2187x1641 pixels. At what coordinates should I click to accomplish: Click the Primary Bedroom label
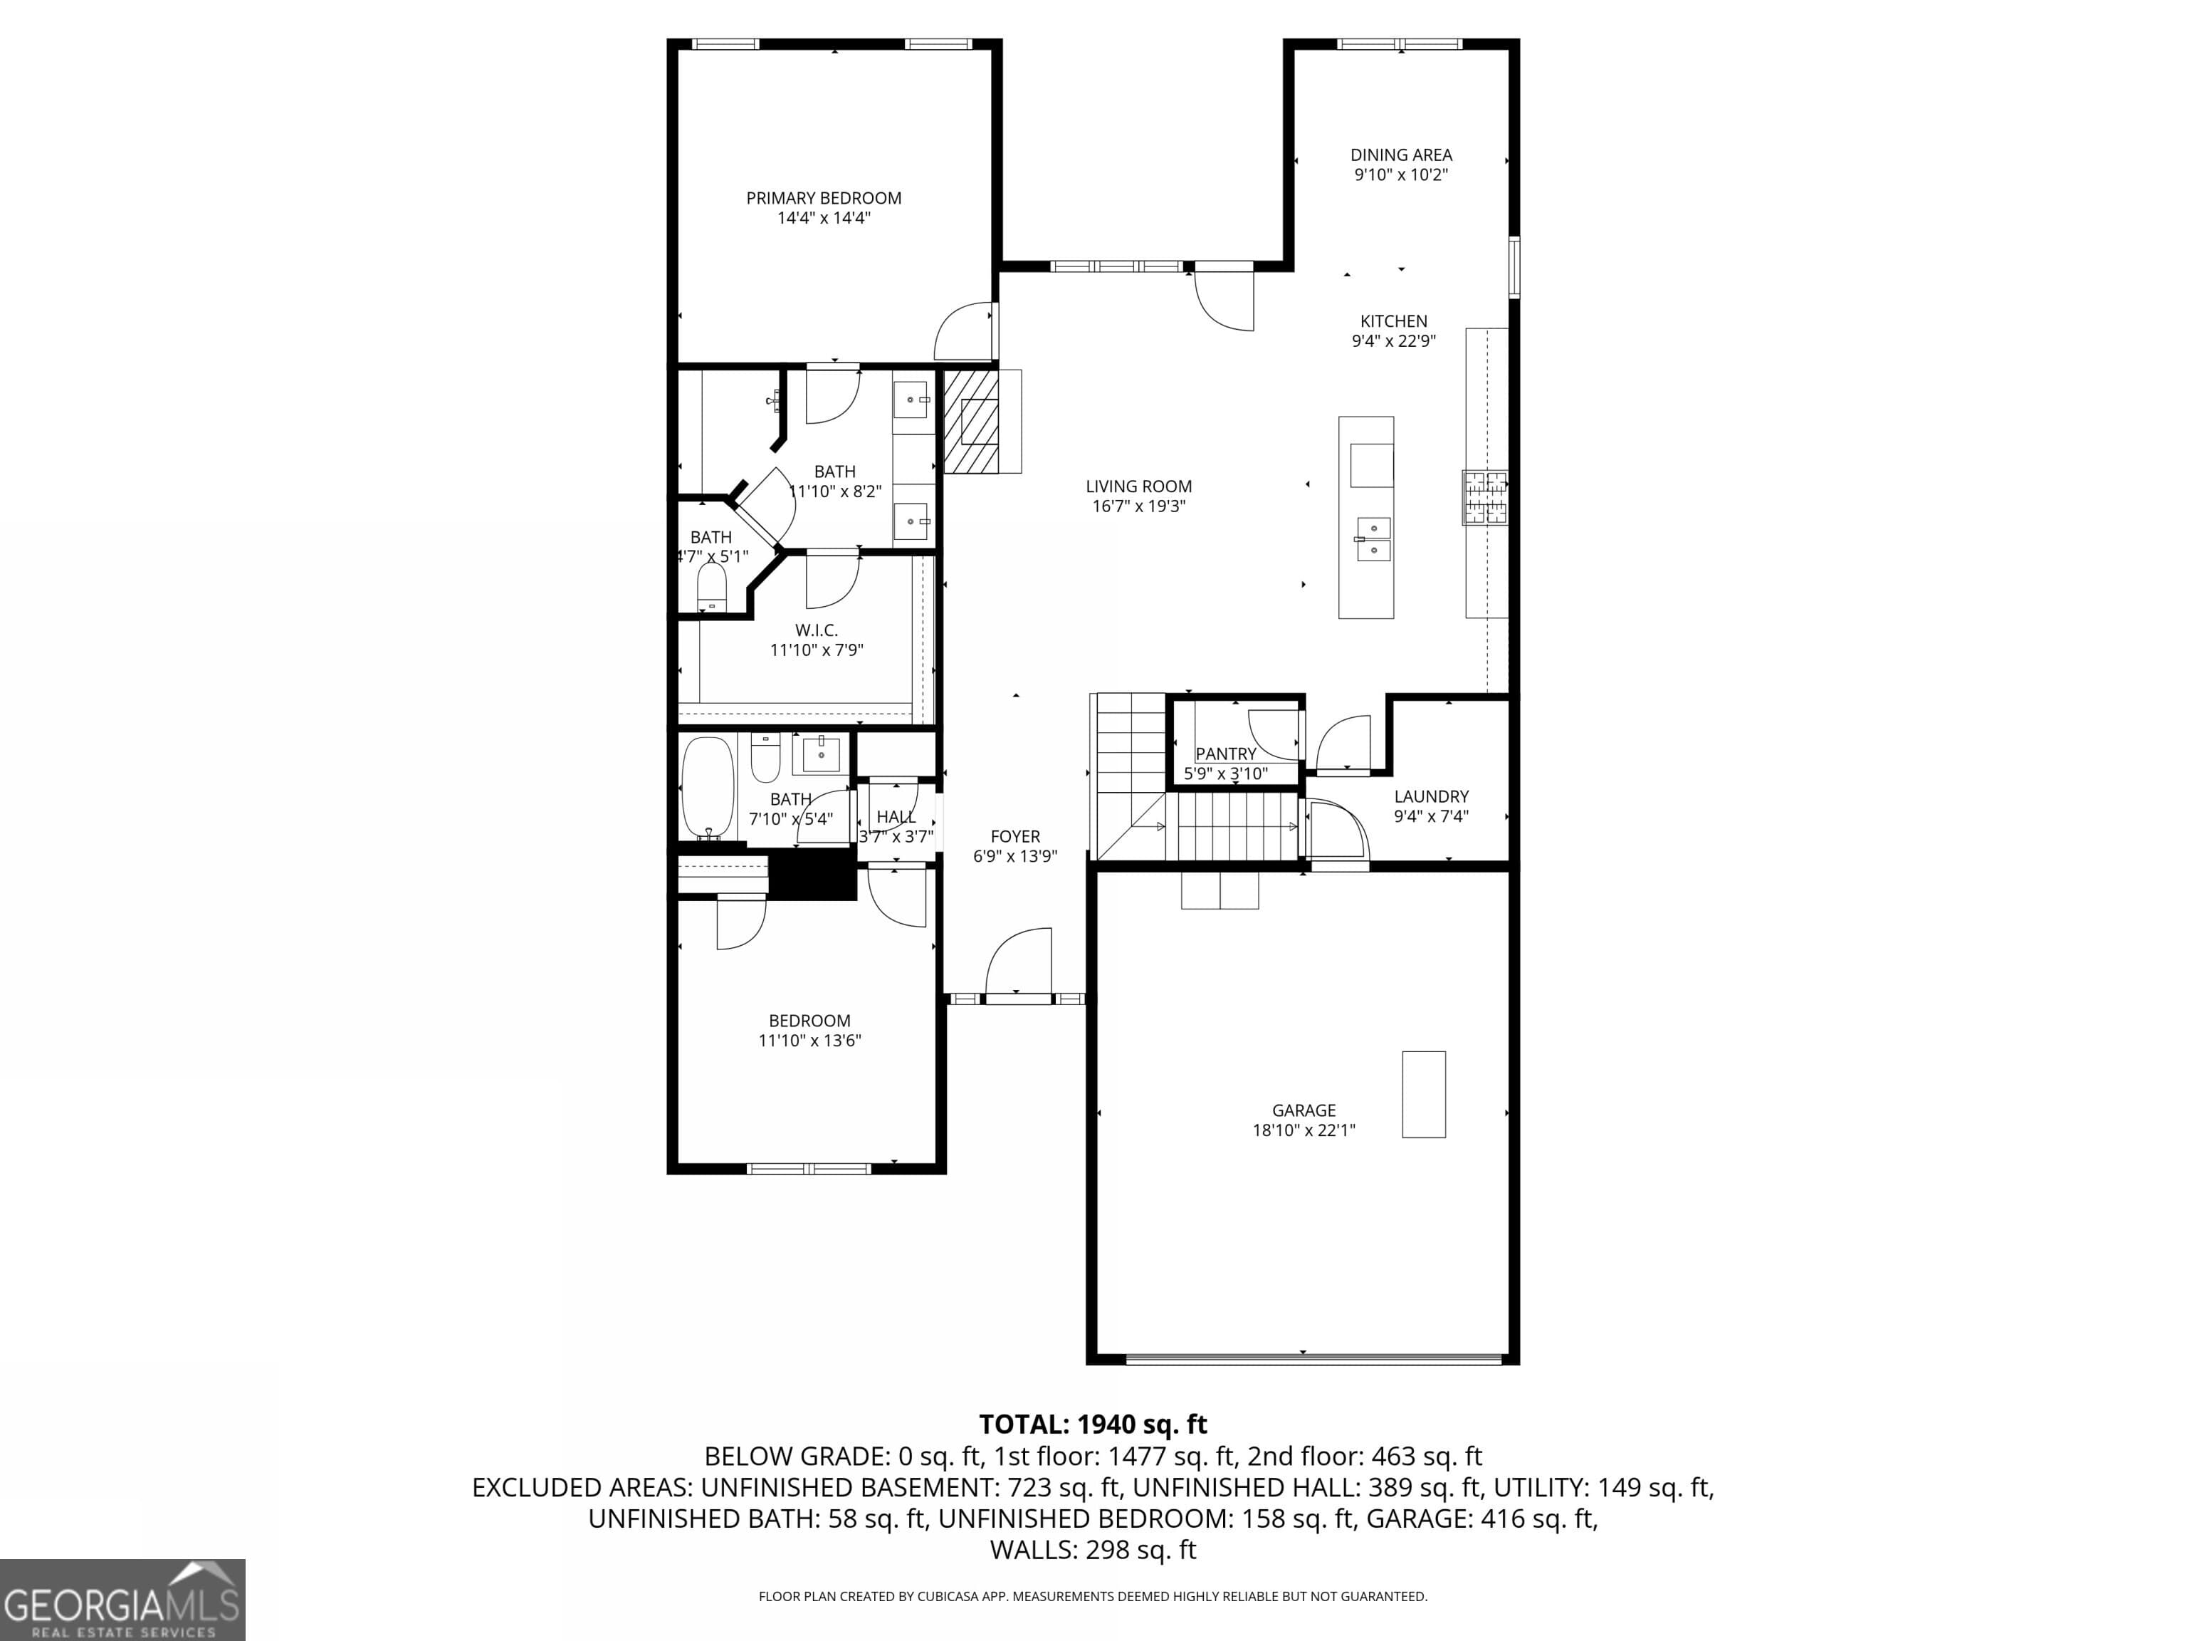pyautogui.click(x=824, y=198)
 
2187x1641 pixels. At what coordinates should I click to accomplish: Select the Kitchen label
pyautogui.click(x=1393, y=321)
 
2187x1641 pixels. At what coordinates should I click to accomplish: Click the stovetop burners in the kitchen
pyautogui.click(x=1485, y=496)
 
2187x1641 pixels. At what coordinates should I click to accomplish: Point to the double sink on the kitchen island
pyautogui.click(x=1373, y=539)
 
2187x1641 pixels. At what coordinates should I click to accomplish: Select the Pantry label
pyautogui.click(x=1226, y=754)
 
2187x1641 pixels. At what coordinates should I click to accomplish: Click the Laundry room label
pyautogui.click(x=1431, y=796)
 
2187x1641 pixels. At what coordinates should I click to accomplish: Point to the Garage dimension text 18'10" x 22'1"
pyautogui.click(x=1303, y=1130)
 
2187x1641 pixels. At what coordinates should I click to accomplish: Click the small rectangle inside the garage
pyautogui.click(x=1424, y=1094)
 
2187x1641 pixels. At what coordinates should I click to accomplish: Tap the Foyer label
pyautogui.click(x=1015, y=837)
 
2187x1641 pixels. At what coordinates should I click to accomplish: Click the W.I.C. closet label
pyautogui.click(x=817, y=630)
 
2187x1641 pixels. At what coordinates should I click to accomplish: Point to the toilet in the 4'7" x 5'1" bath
pyautogui.click(x=712, y=587)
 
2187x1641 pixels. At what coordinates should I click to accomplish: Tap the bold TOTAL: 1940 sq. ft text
pyautogui.click(x=1093, y=1424)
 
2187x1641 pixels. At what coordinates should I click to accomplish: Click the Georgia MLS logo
pyautogui.click(x=122, y=1600)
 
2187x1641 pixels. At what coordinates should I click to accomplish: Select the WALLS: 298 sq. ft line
pyautogui.click(x=1093, y=1550)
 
